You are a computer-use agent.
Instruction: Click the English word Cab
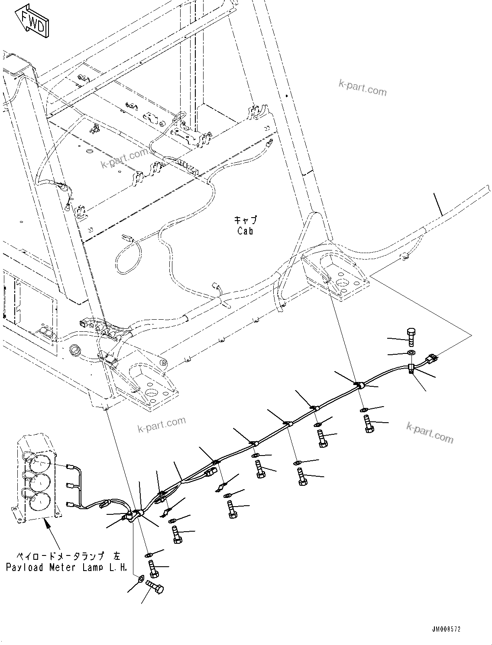click(x=245, y=231)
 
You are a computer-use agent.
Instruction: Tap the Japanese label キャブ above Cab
click(x=245, y=220)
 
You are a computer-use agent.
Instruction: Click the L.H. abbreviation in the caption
click(x=117, y=567)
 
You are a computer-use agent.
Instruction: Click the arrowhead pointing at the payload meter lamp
click(x=46, y=524)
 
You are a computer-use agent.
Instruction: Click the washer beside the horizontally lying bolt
click(x=142, y=578)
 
